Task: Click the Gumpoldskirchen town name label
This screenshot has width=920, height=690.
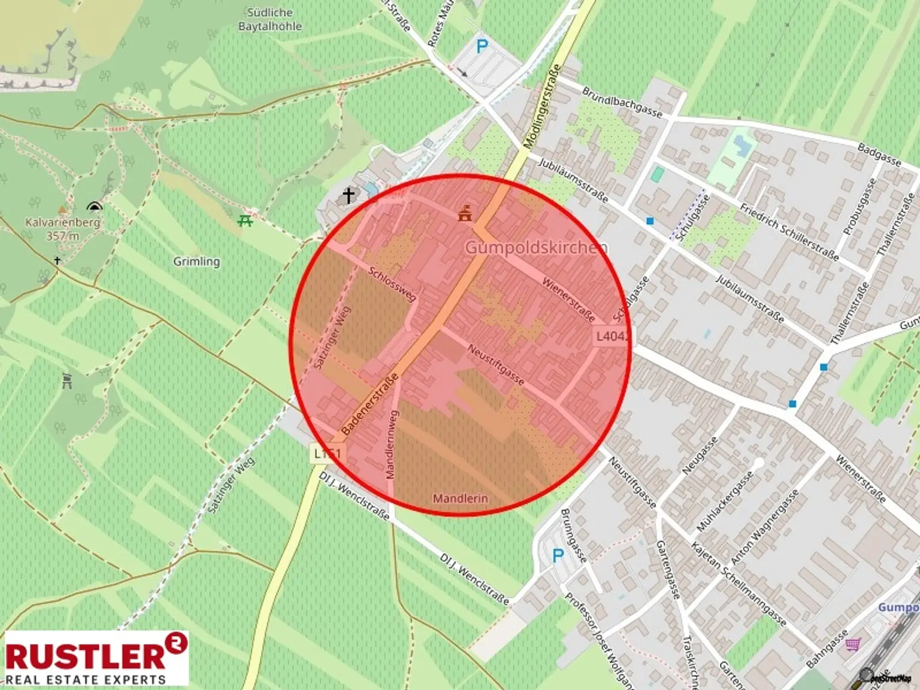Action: [536, 247]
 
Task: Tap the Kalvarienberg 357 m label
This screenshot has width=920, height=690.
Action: [62, 229]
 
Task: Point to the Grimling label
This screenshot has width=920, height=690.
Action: [196, 261]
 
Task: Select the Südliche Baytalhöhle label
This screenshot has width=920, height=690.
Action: [270, 19]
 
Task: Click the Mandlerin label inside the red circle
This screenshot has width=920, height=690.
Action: [460, 498]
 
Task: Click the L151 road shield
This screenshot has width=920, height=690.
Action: [326, 453]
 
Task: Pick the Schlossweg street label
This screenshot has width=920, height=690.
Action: [392, 283]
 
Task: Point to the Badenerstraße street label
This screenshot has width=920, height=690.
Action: [370, 404]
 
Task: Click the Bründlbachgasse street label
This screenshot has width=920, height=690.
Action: [622, 103]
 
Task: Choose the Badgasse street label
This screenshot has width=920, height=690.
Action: [879, 155]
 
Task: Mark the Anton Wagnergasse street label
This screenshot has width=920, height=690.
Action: [765, 526]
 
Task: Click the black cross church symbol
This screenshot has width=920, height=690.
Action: [348, 195]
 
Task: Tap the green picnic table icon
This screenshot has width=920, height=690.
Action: [245, 220]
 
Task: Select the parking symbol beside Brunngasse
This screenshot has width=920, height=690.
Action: [558, 555]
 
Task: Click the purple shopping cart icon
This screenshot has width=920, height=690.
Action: [854, 644]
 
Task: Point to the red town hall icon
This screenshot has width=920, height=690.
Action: [464, 213]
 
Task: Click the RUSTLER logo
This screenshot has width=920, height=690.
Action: [96, 658]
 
